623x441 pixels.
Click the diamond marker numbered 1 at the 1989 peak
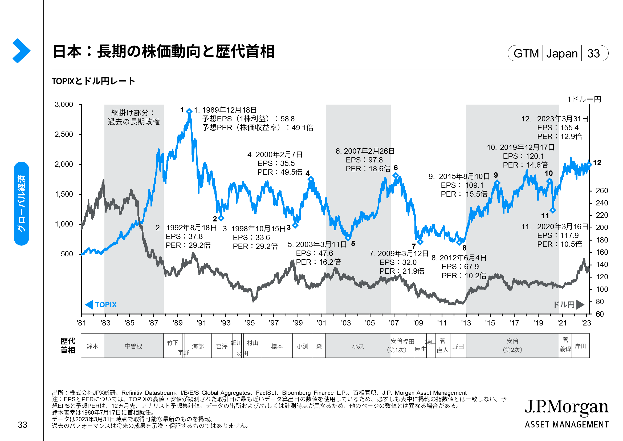[x=189, y=111]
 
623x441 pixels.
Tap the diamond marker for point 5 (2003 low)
[x=348, y=238]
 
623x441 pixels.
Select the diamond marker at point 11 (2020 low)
[x=553, y=210]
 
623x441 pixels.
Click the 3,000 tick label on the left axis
[x=64, y=105]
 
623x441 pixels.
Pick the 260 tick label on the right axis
[x=602, y=191]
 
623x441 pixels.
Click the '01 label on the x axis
[x=321, y=323]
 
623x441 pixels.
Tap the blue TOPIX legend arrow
[x=89, y=305]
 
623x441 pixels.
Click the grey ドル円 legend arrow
[x=580, y=305]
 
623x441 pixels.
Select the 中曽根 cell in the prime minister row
[x=133, y=346]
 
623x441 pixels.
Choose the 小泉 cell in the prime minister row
[x=358, y=346]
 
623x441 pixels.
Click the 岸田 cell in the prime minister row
[x=581, y=346]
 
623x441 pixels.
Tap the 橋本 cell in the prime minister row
[x=277, y=346]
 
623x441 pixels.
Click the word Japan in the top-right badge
[x=562, y=54]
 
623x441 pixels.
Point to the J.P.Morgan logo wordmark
[x=566, y=407]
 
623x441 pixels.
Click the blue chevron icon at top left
[x=21, y=51]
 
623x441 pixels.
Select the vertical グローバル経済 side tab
[x=21, y=204]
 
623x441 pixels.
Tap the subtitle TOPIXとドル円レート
[x=93, y=81]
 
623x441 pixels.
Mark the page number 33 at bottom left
[x=23, y=425]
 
